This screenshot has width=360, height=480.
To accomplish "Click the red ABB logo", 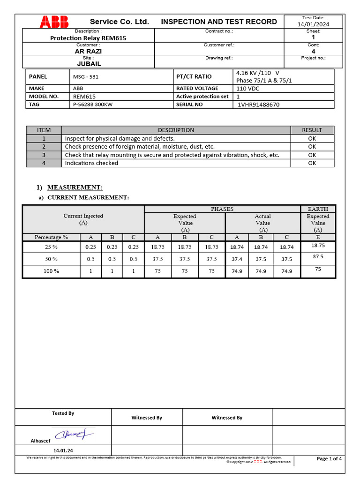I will pos(54,21).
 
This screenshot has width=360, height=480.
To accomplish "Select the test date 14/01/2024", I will pos(313,24).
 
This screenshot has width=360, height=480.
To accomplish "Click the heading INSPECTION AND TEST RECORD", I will pos(219,22).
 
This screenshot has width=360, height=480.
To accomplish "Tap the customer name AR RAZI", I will pos(88,51).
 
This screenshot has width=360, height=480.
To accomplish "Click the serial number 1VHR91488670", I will pos(259,105).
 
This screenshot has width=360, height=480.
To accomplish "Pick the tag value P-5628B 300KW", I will pos(93,105).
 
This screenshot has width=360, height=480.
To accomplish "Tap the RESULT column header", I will pos(312,130).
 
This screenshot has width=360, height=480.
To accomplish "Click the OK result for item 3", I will pos(312,155).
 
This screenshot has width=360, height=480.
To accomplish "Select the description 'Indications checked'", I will pos(91,163).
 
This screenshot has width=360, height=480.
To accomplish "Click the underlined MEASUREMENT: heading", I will pos(75,187).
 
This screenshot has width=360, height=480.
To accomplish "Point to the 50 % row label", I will pos(52,259).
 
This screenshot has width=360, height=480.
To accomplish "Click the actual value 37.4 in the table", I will pos(237,259).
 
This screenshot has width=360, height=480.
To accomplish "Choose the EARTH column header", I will pos(318,209).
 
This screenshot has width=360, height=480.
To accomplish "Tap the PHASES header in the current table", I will pos(222,209).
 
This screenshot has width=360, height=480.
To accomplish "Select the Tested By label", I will pos(63,413).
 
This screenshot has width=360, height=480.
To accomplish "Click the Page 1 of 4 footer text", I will pos(329,458).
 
